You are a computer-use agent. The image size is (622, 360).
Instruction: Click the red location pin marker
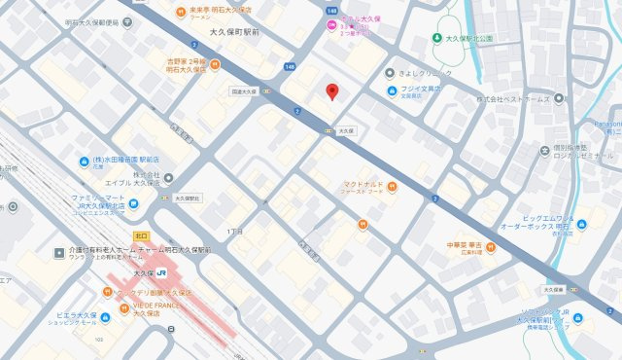click(331, 91)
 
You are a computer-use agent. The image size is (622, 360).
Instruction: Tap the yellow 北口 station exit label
click(141, 236)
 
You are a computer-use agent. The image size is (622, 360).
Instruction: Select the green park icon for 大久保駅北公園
click(437, 39)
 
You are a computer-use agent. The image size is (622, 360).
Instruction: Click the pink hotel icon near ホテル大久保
click(333, 24)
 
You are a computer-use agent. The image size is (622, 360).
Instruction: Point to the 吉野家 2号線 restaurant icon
click(215, 64)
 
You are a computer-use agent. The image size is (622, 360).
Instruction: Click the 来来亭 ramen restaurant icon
click(182, 12)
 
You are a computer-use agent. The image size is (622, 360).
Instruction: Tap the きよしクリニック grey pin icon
click(391, 72)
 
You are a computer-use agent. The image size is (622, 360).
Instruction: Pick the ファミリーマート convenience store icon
click(133, 201)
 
